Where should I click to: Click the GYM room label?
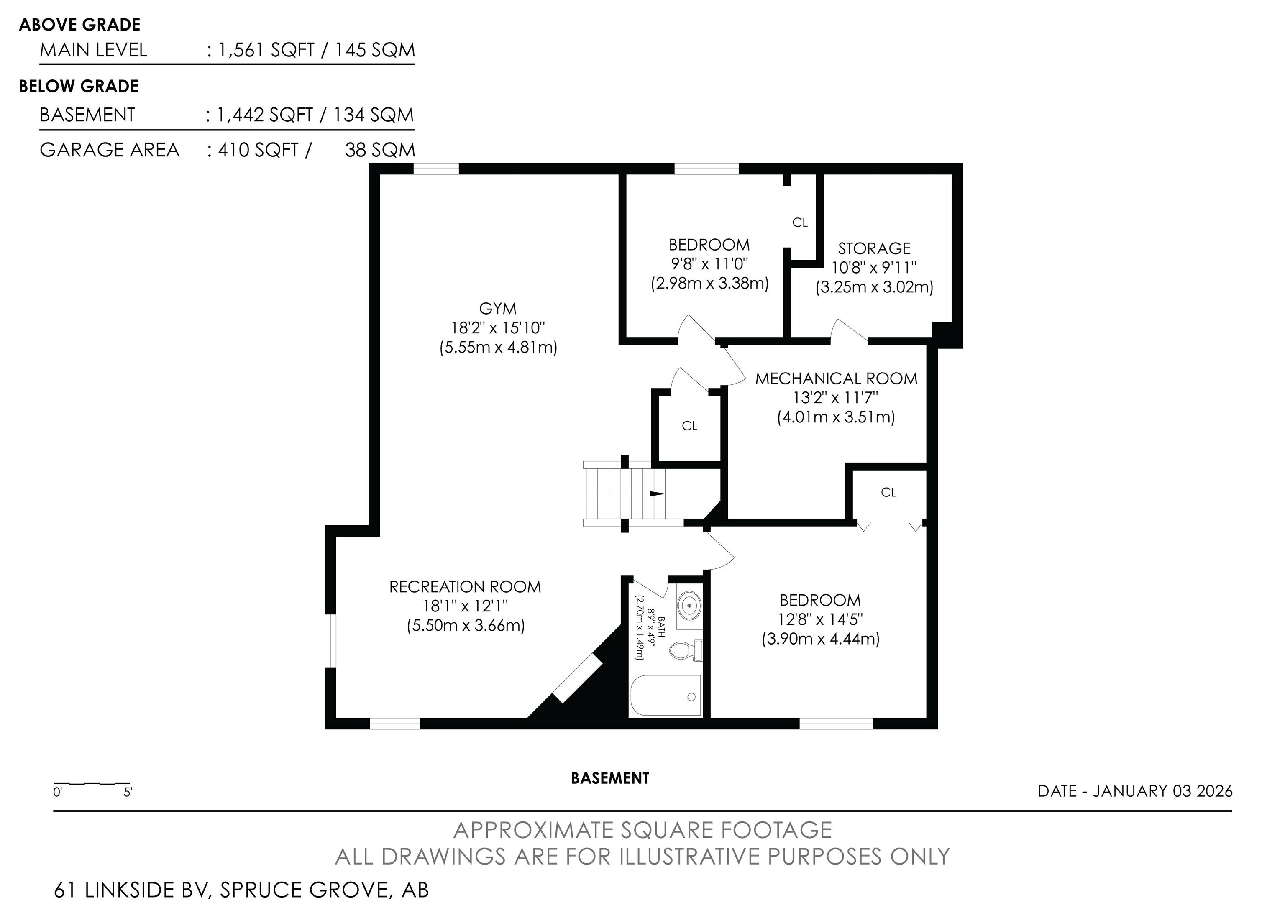[497, 308]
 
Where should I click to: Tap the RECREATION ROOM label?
[465, 587]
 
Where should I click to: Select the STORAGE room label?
[874, 248]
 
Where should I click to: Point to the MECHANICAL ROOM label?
[836, 379]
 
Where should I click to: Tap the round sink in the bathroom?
[689, 605]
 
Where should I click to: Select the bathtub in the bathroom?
[666, 696]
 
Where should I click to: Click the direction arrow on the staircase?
[656, 494]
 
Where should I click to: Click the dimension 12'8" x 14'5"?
[820, 620]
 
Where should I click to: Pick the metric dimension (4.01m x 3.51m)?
[836, 417]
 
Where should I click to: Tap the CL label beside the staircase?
[689, 426]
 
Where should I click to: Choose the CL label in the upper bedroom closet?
[800, 223]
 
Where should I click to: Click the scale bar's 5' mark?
[128, 793]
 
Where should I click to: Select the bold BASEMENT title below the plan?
[610, 778]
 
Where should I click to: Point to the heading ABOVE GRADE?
[79, 25]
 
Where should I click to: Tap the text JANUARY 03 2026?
[1162, 791]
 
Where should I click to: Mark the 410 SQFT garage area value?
[258, 150]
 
